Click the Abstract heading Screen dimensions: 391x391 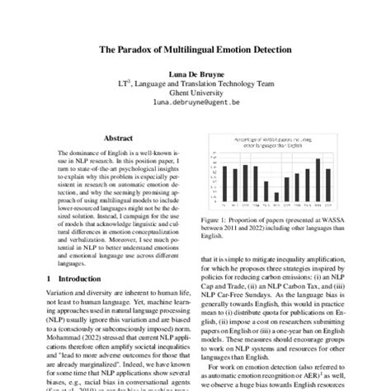(116, 139)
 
